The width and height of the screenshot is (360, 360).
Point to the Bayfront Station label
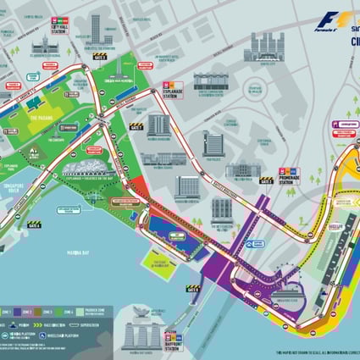point(176,335)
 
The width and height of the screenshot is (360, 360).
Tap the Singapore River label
point(15,189)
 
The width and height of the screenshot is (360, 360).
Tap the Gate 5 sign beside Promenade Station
point(267,180)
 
